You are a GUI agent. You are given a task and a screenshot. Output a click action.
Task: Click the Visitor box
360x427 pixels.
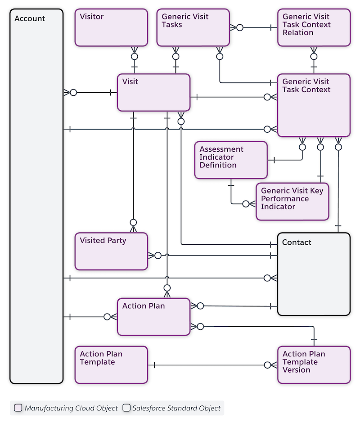click(x=111, y=27)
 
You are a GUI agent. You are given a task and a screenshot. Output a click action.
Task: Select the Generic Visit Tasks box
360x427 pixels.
click(x=193, y=27)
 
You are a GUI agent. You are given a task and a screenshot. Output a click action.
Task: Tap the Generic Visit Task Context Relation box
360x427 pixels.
click(x=314, y=27)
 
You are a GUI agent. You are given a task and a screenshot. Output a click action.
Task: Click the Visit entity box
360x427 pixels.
click(x=153, y=92)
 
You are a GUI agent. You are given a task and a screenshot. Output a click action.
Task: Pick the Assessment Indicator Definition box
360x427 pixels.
click(x=231, y=160)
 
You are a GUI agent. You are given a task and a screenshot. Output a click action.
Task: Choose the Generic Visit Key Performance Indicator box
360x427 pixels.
click(x=292, y=202)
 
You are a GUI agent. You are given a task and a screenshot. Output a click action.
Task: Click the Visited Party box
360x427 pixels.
click(x=111, y=251)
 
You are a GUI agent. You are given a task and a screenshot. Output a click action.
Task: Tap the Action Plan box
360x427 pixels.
click(x=153, y=316)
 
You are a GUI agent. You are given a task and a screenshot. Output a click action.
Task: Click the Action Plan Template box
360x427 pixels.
click(x=111, y=364)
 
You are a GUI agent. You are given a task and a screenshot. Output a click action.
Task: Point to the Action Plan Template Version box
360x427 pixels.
click(x=314, y=364)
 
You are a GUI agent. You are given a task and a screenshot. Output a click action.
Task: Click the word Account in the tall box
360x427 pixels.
click(x=30, y=19)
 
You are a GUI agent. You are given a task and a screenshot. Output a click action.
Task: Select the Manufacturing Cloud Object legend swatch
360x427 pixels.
click(x=18, y=408)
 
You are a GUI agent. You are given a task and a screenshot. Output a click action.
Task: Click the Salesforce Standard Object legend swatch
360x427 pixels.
click(x=126, y=408)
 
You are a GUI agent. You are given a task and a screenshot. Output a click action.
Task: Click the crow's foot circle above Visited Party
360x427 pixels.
click(x=133, y=222)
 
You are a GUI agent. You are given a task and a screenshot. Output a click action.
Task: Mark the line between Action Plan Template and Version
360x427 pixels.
click(x=211, y=365)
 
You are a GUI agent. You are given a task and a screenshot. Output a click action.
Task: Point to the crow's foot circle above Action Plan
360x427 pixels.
click(x=167, y=288)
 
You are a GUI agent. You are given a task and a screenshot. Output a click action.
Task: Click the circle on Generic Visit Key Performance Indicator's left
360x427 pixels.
click(x=246, y=204)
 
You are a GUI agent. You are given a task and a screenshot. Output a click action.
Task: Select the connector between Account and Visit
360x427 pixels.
click(x=92, y=93)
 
